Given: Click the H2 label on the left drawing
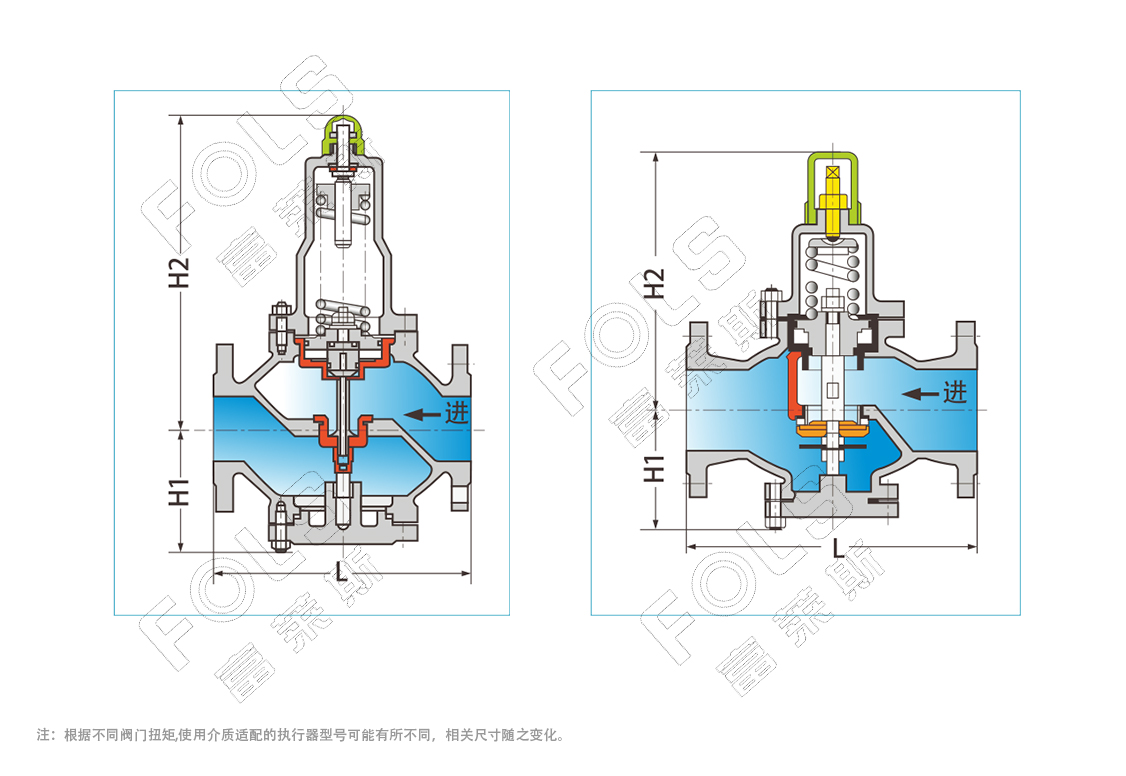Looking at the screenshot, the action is click(179, 273).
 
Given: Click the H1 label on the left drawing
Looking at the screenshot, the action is click(179, 492).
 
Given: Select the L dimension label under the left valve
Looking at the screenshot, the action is click(342, 571).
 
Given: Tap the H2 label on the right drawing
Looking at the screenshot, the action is click(654, 283).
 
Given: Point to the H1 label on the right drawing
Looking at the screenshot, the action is click(654, 469).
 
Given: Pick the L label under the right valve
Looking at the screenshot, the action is click(838, 548).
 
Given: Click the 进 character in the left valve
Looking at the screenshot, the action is click(457, 413).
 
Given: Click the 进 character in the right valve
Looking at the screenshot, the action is click(955, 393).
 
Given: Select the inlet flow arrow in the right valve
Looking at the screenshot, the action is click(920, 394).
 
